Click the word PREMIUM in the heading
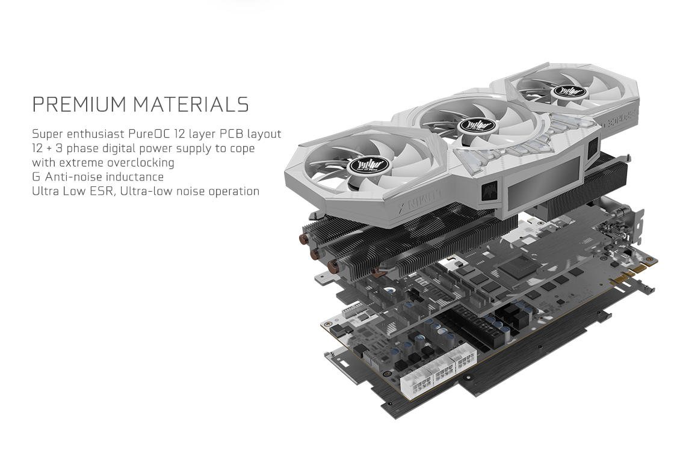pyautogui.click(x=80, y=105)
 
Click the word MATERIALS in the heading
pyautogui.click(x=191, y=105)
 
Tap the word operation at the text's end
pyautogui.click(x=234, y=192)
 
